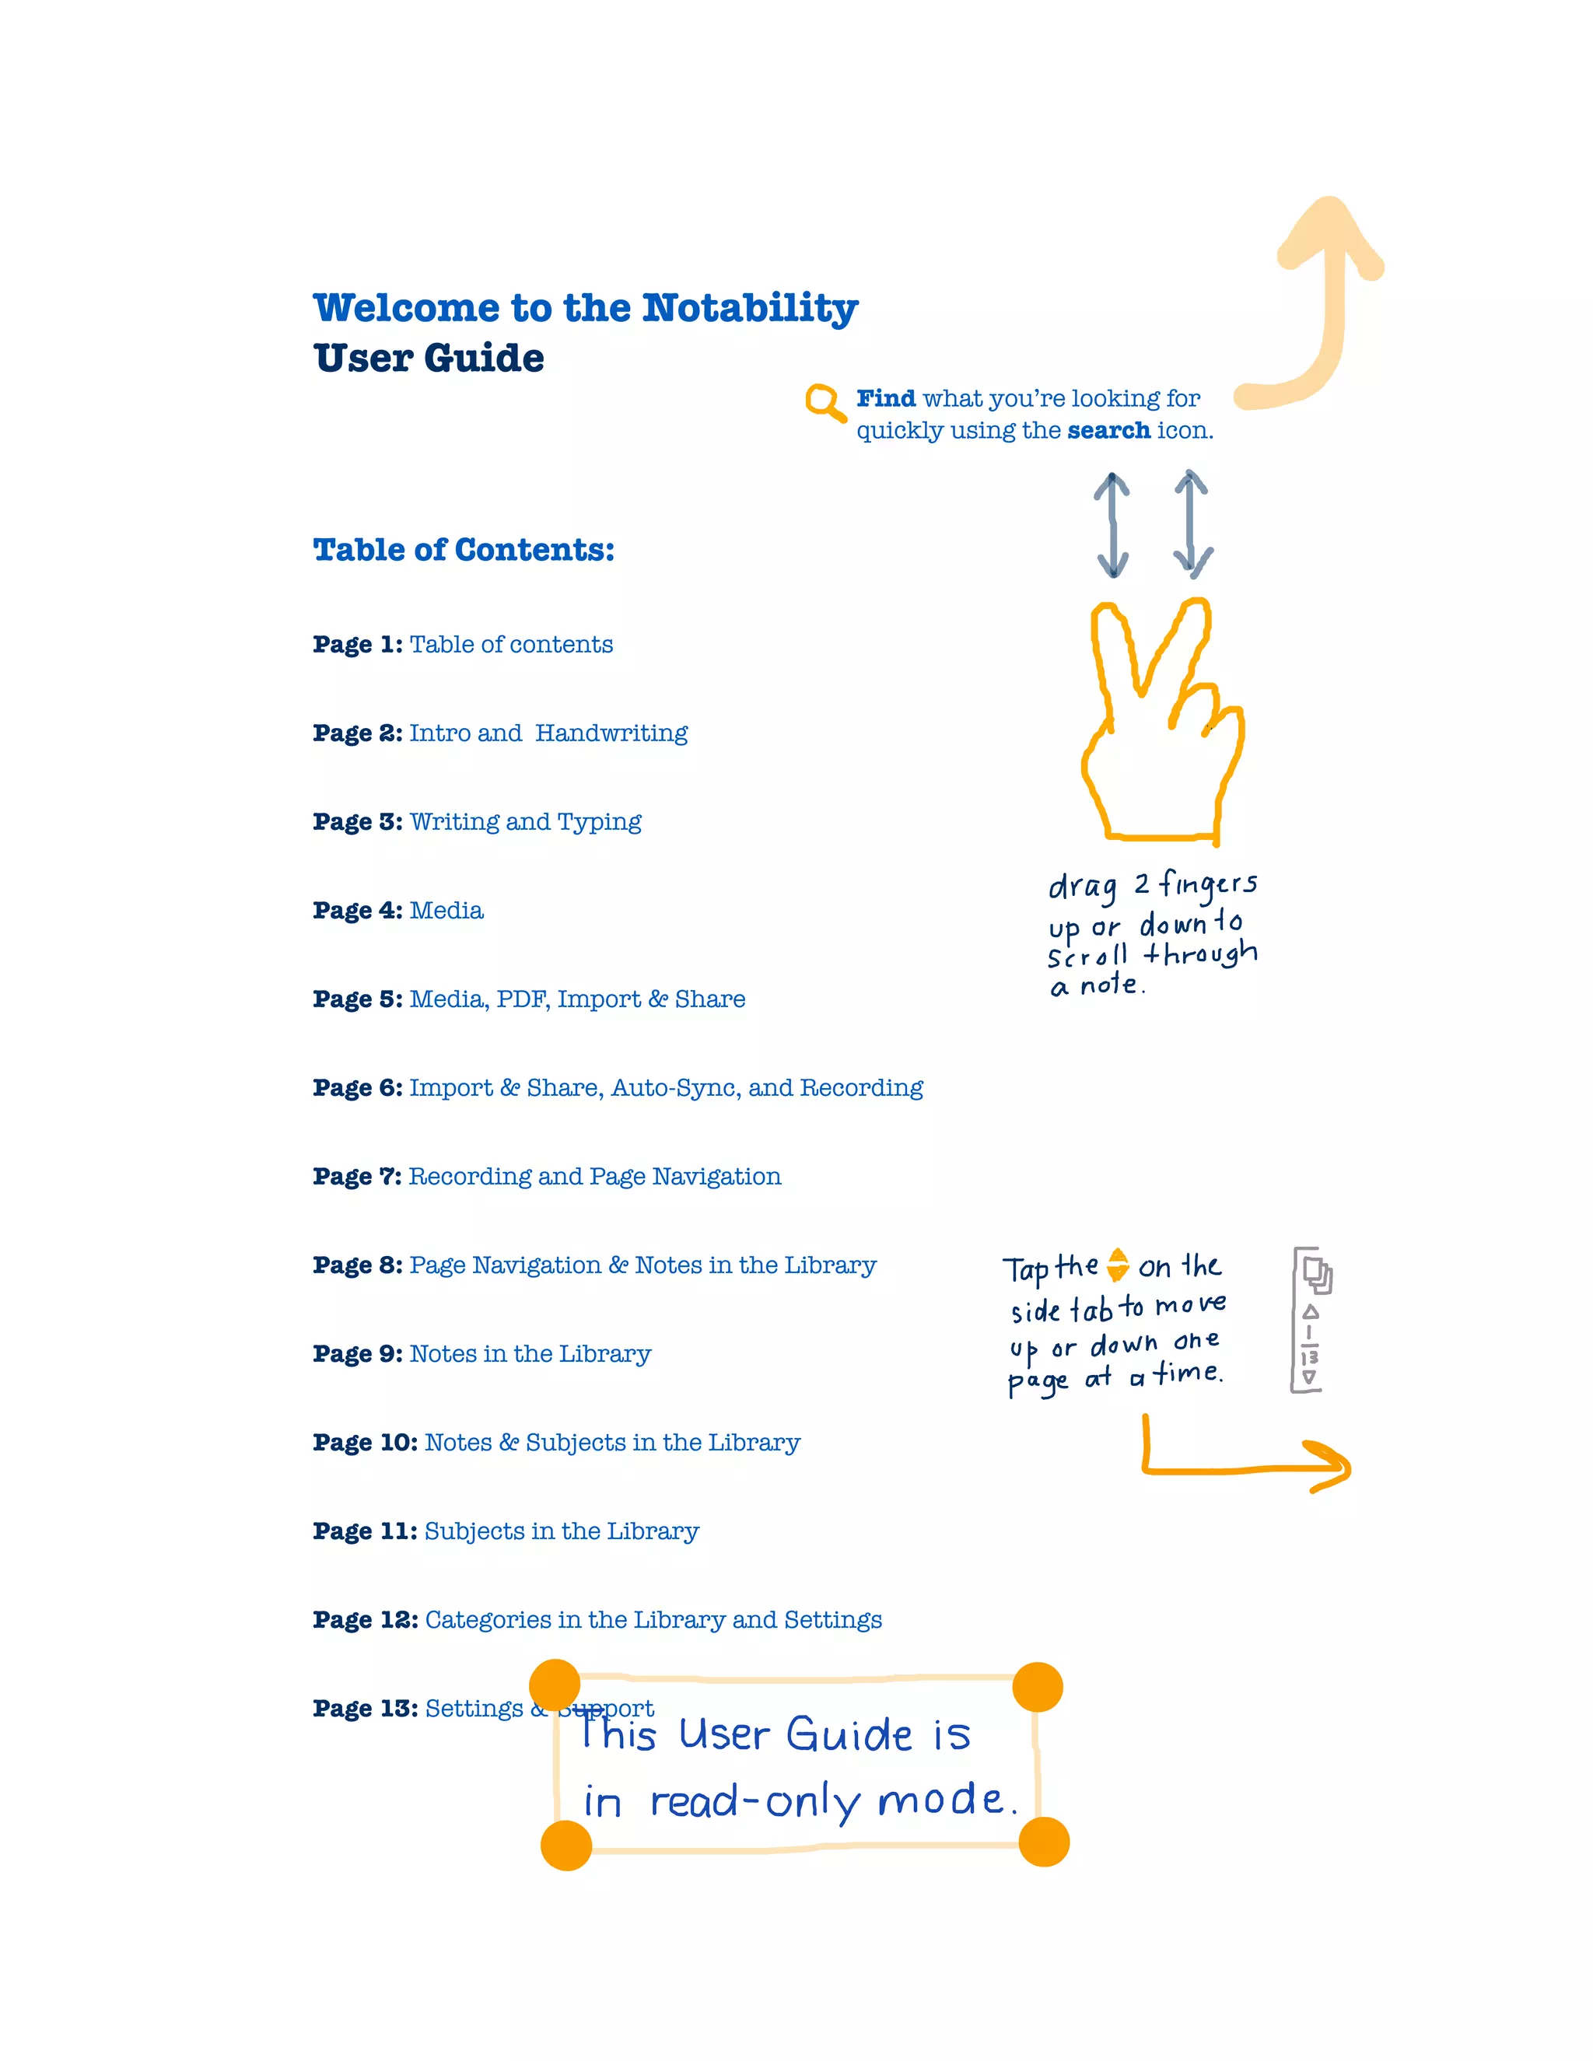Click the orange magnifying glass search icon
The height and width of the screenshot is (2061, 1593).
click(x=824, y=402)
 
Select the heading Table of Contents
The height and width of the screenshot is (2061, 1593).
click(x=464, y=549)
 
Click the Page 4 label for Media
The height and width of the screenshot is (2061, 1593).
click(x=358, y=911)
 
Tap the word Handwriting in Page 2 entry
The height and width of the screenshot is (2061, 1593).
click(x=611, y=733)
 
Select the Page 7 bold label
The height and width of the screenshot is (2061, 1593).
click(x=358, y=1177)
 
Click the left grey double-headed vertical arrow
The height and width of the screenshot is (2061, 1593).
click(x=1112, y=525)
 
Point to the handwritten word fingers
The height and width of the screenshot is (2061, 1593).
click(x=1208, y=884)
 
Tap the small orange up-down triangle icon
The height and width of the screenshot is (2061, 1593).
click(x=1118, y=1265)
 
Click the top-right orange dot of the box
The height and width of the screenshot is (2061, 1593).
click(x=1037, y=1688)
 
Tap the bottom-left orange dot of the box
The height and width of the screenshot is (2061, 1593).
click(x=566, y=1845)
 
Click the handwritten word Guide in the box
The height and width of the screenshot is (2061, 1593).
click(x=849, y=1734)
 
